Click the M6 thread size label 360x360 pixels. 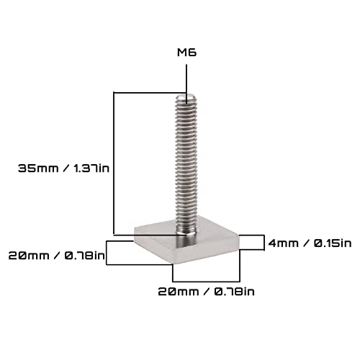[186, 52]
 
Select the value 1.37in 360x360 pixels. [94, 167]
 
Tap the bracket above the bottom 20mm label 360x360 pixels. [205, 279]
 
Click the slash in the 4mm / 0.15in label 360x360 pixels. [308, 243]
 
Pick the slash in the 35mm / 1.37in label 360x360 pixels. [67, 167]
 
